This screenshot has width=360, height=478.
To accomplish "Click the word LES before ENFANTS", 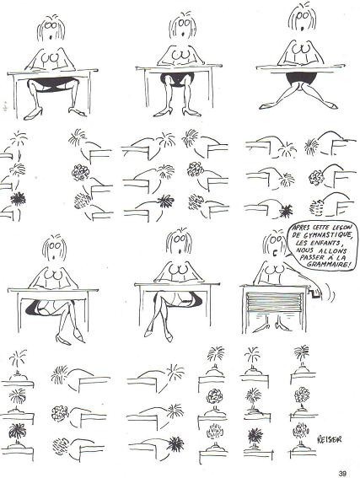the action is pos(302,244).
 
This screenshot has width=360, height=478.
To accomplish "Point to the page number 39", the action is pos(342,474).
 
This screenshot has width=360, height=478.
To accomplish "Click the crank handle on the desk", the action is pos(314,293).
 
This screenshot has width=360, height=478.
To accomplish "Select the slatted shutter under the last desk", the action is pos(276,301).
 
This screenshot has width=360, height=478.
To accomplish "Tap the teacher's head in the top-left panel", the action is pos(51,28).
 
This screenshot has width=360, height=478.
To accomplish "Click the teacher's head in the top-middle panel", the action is pos(183,25).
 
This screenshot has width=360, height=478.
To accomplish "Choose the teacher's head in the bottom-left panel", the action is pos(54,248).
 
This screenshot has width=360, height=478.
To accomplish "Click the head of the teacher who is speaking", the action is pos(275,244).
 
